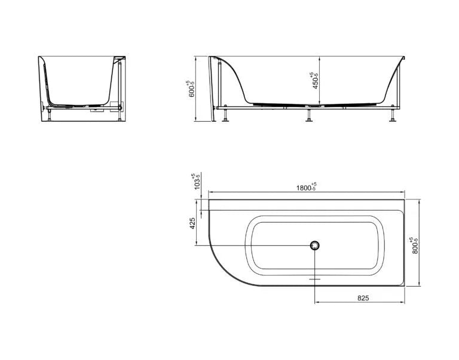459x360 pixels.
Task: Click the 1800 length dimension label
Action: click(306, 187)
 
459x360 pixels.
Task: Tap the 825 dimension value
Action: click(363, 298)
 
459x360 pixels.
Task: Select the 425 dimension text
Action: click(192, 223)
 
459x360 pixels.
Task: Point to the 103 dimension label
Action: click(196, 181)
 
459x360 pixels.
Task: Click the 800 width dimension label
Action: click(415, 245)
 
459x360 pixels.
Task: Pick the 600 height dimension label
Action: click(191, 89)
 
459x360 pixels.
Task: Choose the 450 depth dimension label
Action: click(314, 81)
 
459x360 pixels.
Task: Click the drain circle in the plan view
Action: click(315, 245)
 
